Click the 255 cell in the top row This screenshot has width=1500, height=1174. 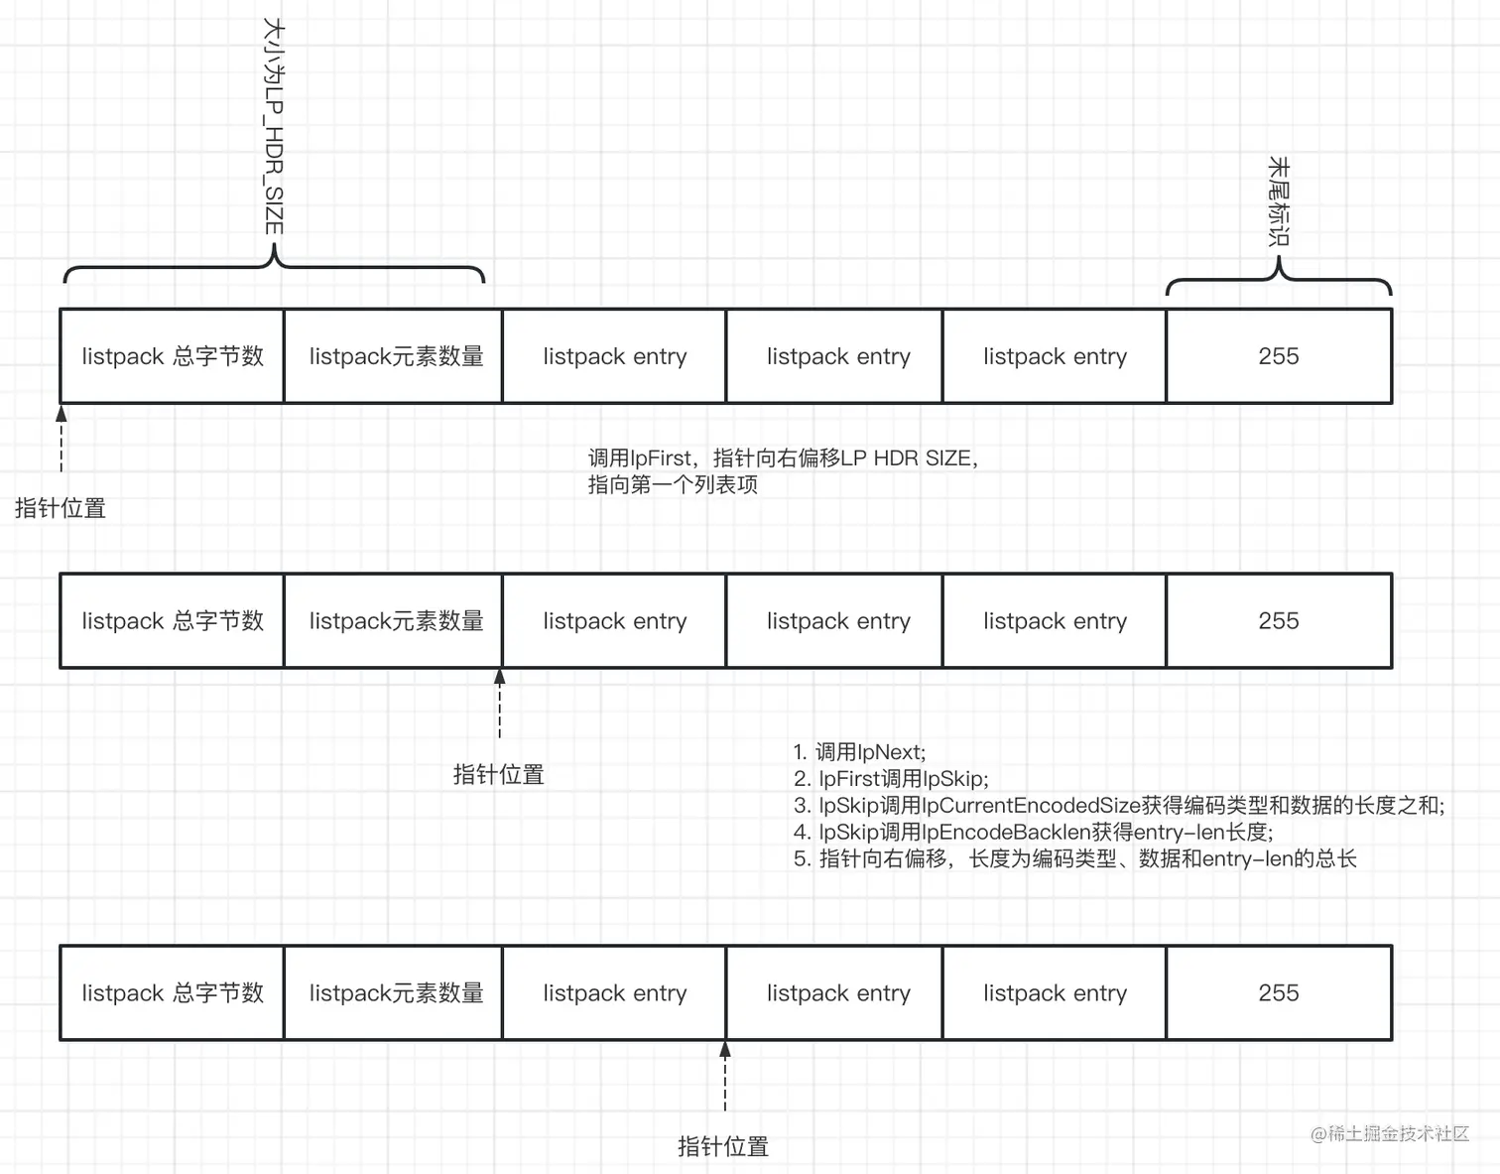click(1278, 356)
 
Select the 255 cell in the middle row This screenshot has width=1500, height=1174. click(1278, 621)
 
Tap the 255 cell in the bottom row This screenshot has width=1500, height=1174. click(1278, 993)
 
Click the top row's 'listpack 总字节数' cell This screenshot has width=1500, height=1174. click(173, 356)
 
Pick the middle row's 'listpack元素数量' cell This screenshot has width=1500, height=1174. click(395, 621)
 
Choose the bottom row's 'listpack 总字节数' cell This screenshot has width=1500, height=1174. click(173, 993)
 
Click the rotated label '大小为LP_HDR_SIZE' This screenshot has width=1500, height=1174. click(274, 126)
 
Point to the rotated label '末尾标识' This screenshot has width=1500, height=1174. click(1279, 200)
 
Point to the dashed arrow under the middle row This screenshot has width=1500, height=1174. click(500, 704)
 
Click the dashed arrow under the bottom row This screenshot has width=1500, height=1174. click(725, 1077)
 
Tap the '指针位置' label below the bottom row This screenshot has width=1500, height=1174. click(723, 1147)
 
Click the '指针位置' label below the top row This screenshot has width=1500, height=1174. click(61, 509)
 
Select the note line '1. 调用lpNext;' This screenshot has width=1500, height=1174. click(860, 752)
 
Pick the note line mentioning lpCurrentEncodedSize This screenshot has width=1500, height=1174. click(1119, 806)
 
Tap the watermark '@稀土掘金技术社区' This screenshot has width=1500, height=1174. click(1389, 1133)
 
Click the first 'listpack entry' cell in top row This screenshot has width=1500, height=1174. click(615, 356)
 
